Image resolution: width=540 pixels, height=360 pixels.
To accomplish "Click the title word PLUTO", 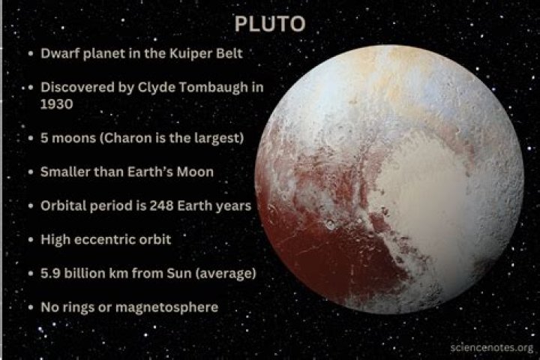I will tap(269, 24).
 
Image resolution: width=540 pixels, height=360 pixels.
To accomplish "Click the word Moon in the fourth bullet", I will tap(194, 172).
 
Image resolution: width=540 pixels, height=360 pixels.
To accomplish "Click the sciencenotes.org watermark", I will tap(492, 348).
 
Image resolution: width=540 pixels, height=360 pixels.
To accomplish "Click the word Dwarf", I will tap(59, 55).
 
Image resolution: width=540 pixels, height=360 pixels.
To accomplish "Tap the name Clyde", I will tap(159, 88).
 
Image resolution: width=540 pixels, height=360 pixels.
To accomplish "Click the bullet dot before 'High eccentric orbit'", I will tap(28, 240).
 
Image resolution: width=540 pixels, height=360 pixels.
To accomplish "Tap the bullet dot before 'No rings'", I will tap(28, 307).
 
